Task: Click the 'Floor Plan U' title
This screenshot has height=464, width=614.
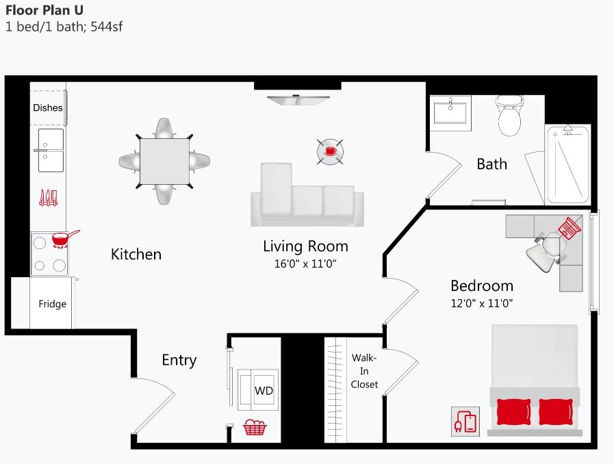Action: click(46, 10)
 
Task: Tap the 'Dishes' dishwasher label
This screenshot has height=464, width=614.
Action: click(48, 107)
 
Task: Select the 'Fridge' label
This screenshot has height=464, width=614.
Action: click(52, 304)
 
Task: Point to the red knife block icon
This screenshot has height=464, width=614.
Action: click(48, 198)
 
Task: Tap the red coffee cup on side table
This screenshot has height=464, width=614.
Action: click(330, 151)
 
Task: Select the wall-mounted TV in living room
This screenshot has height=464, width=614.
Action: click(298, 101)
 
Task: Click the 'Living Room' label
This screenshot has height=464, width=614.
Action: click(305, 246)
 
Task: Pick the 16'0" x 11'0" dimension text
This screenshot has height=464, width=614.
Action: click(305, 263)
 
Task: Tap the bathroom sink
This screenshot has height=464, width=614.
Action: click(452, 111)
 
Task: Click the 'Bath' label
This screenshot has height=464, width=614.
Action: click(491, 164)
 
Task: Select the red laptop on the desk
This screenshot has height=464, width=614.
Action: click(570, 227)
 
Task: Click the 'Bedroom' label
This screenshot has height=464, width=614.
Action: click(482, 285)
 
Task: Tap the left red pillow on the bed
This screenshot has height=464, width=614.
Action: click(513, 412)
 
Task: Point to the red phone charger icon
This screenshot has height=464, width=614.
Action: click(465, 421)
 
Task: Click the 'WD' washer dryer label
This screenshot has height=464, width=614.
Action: click(264, 391)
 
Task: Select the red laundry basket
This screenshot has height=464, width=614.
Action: click(255, 428)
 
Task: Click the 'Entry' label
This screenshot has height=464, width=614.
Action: click(179, 360)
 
